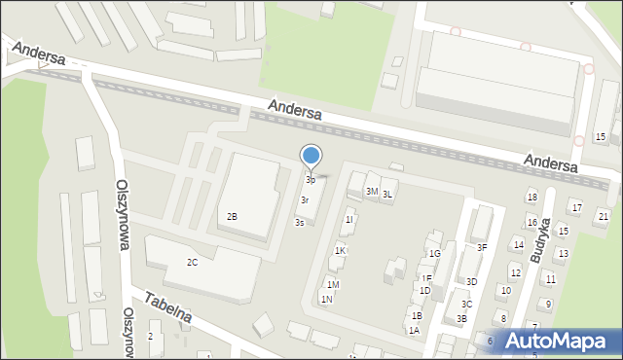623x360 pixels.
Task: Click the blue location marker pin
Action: pyautogui.click(x=311, y=156)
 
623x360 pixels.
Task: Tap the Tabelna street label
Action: pyautogui.click(x=168, y=309)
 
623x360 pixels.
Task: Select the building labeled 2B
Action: pyautogui.click(x=232, y=216)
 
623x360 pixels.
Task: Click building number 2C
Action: pyautogui.click(x=193, y=263)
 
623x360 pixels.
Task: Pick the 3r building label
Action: pyautogui.click(x=305, y=199)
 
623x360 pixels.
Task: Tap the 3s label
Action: pyautogui.click(x=300, y=223)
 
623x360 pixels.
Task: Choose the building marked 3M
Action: pyautogui.click(x=371, y=192)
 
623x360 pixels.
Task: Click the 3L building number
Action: pyautogui.click(x=387, y=195)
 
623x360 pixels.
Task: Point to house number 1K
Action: pyautogui.click(x=340, y=251)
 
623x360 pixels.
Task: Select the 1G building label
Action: pyautogui.click(x=435, y=254)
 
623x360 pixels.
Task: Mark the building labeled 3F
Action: pyautogui.click(x=481, y=248)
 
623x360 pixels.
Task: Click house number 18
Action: pyautogui.click(x=531, y=198)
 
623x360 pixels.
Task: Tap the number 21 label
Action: pyautogui.click(x=604, y=216)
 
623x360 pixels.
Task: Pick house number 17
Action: pyautogui.click(x=576, y=208)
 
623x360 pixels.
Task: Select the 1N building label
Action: pyautogui.click(x=326, y=299)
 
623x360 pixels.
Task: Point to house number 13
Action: pyautogui.click(x=562, y=254)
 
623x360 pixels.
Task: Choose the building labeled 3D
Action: pyautogui.click(x=471, y=282)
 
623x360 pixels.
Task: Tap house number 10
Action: pyautogui.click(x=504, y=291)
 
